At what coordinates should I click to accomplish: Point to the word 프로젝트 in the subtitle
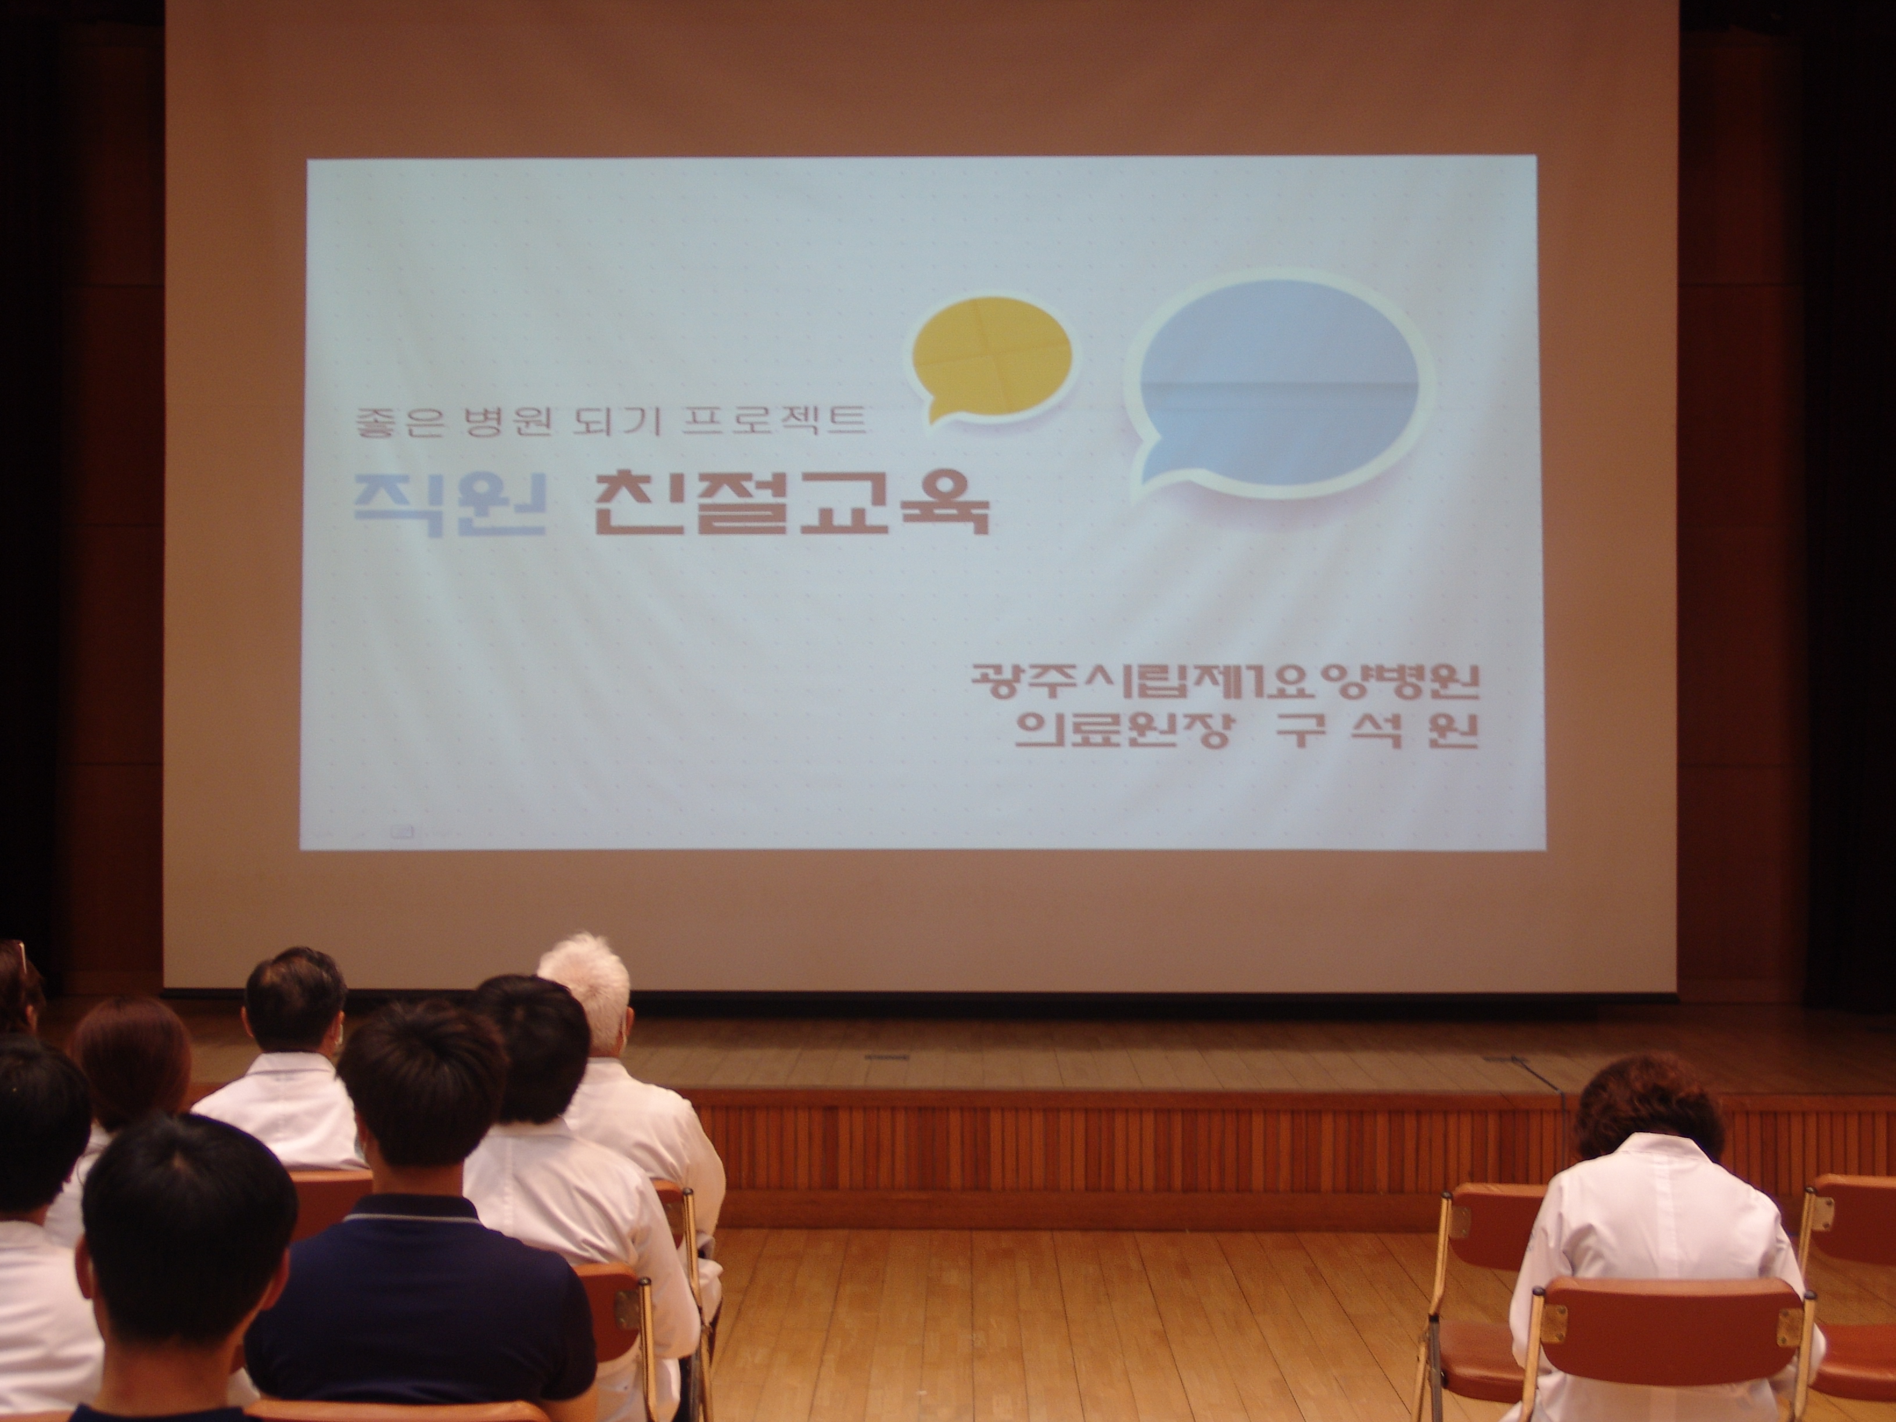point(775,422)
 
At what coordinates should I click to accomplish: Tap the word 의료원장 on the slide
point(1119,732)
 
